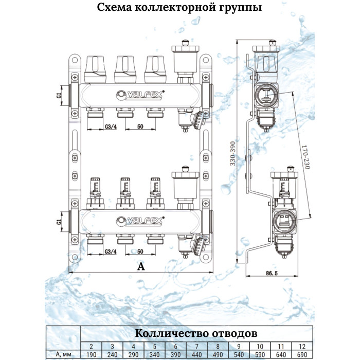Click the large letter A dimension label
click(140, 266)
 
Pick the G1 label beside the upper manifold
click(59, 96)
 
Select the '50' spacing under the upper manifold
click(139, 127)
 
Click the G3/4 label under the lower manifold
click(111, 252)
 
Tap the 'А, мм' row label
click(64, 354)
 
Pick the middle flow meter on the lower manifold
click(124, 189)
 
